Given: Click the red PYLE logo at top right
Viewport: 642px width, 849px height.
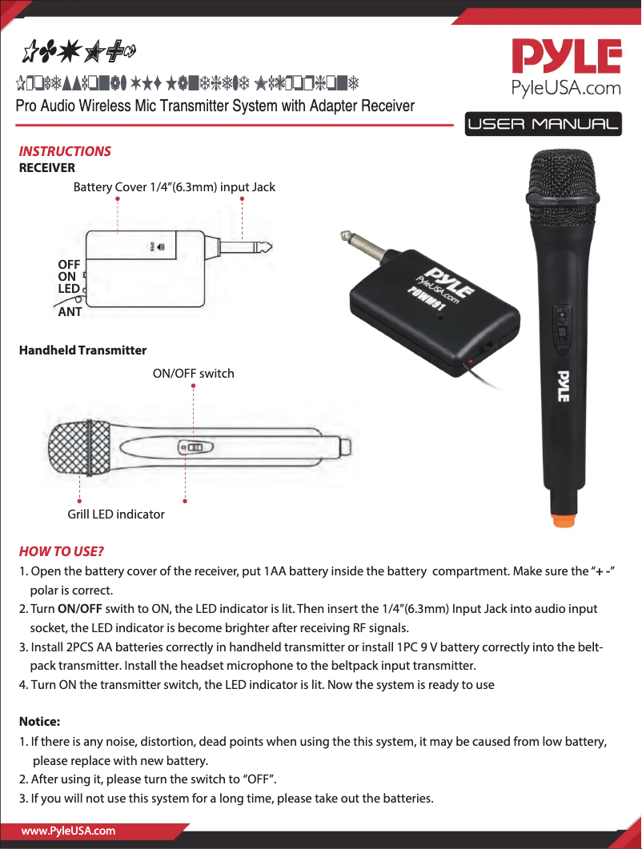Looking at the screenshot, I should click(566, 58).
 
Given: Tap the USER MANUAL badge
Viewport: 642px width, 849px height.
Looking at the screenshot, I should click(543, 125).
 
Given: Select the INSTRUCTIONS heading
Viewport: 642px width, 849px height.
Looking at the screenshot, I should click(65, 151).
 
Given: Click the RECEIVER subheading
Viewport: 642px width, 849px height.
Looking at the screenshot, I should click(46, 167).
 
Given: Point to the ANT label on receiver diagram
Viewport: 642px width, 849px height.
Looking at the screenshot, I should click(70, 312).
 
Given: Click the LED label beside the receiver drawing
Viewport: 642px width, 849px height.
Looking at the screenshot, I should click(69, 288).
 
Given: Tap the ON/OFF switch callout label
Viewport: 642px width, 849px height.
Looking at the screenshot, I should click(193, 373).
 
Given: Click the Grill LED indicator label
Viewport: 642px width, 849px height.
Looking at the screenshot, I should click(115, 514).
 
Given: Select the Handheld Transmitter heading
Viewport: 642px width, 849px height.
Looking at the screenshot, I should click(82, 350).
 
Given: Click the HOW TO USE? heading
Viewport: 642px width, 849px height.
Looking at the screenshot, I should click(62, 552).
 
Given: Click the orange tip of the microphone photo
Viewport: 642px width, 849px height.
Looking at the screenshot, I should click(564, 519).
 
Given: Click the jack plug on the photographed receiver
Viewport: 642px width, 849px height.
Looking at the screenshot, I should click(355, 243).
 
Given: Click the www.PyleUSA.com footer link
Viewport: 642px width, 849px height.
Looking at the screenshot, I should click(68, 831).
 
